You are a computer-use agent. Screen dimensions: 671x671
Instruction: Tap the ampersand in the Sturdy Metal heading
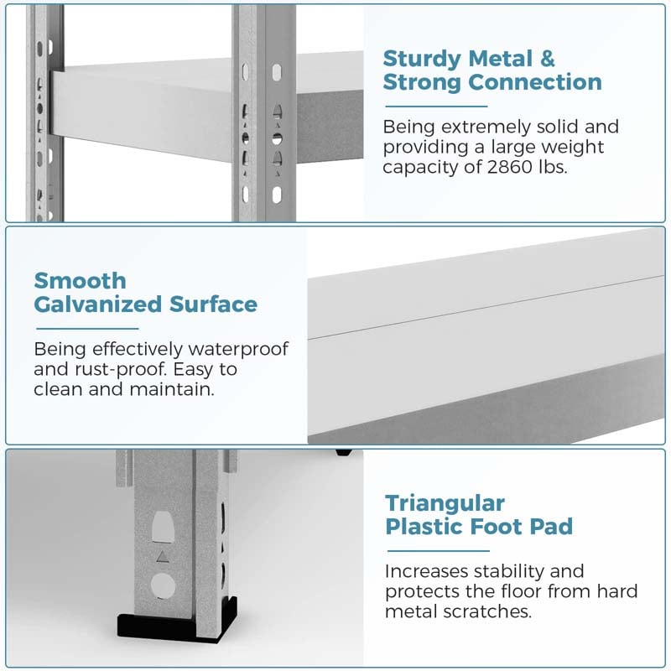[548, 59]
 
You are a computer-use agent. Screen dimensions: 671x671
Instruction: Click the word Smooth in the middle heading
[80, 281]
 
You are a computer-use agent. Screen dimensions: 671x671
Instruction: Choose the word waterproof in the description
[238, 349]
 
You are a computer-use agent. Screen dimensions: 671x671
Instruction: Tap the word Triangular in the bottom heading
[445, 504]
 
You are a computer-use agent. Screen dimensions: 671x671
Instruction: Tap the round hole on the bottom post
[163, 585]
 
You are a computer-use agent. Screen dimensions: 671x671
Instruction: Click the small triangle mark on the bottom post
[162, 556]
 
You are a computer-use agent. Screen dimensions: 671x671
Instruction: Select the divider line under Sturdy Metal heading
[436, 107]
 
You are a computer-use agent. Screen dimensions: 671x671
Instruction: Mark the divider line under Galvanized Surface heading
[88, 329]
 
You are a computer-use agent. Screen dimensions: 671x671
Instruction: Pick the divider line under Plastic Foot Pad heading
[438, 551]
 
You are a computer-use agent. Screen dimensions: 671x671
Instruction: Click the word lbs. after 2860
[553, 167]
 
